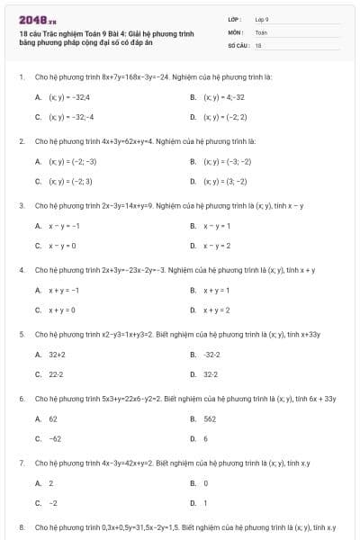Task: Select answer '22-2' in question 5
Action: [56, 374]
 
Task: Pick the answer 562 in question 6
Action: [210, 418]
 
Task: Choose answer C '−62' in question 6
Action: [55, 438]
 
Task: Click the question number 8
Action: [21, 526]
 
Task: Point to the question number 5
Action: [21, 334]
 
